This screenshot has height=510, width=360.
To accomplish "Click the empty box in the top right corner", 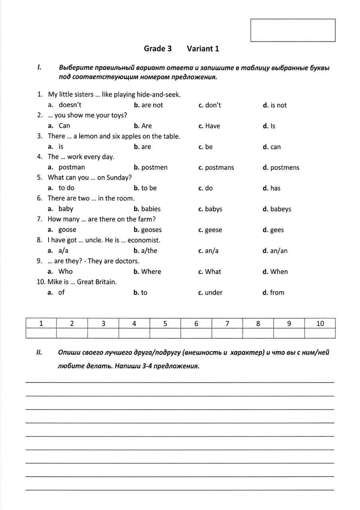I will click(293, 30).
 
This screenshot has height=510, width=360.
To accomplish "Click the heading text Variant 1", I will click(203, 49).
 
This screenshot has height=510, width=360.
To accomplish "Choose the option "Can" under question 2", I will click(64, 126).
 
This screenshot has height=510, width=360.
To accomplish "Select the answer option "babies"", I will click(151, 209).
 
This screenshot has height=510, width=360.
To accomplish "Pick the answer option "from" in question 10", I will click(277, 292).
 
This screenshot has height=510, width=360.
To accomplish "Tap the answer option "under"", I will click(213, 292).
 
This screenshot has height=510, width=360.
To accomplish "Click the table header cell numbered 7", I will click(227, 324).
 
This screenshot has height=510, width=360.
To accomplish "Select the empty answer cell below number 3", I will click(103, 333).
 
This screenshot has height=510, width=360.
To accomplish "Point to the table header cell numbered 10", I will click(320, 324).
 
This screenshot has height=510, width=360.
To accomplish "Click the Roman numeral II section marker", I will click(39, 352).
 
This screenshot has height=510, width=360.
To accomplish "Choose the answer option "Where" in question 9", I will click(151, 272).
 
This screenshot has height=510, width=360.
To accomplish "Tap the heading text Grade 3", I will click(158, 49).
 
